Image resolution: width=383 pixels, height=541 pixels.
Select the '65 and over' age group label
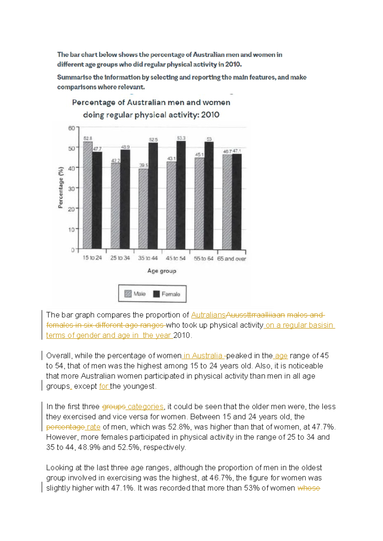[x=231, y=259]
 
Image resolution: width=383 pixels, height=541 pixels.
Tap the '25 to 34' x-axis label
[x=120, y=258]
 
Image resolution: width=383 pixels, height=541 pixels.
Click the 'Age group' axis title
[x=162, y=271]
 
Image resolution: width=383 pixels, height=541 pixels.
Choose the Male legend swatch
[x=128, y=294]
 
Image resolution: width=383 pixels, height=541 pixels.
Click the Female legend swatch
[x=156, y=294]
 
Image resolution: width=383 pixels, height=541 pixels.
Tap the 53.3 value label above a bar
[x=181, y=138]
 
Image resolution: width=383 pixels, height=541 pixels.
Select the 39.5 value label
[x=144, y=165]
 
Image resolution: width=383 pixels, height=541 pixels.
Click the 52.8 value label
[x=88, y=138]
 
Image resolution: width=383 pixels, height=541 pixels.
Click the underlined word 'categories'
[x=146, y=407]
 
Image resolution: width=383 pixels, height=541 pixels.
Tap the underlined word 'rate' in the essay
[x=94, y=427]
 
